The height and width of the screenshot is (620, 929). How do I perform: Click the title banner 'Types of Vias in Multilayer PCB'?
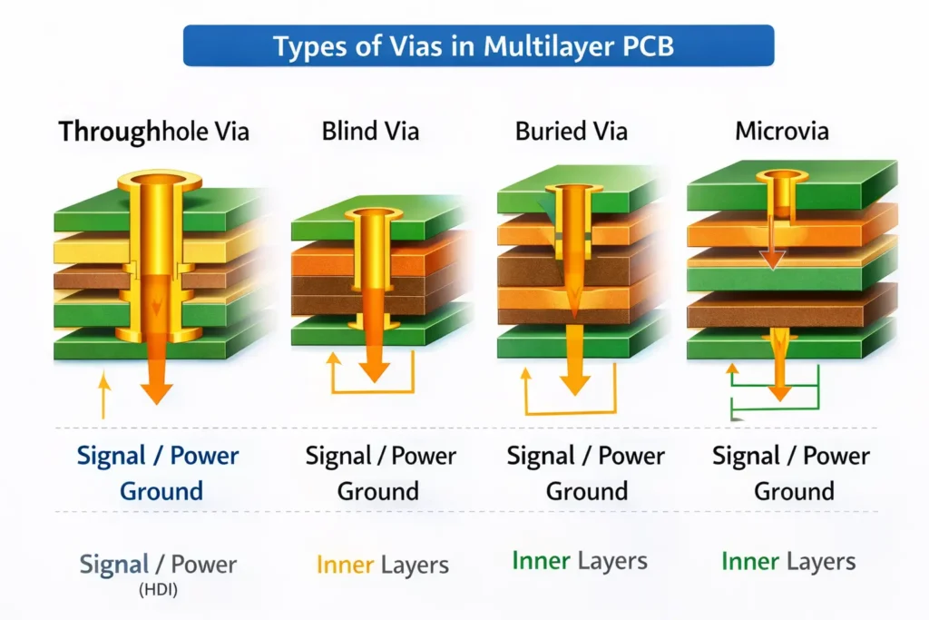click(479, 45)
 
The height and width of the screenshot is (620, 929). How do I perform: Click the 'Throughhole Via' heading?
click(153, 133)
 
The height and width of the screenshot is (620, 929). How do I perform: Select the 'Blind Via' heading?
click(370, 132)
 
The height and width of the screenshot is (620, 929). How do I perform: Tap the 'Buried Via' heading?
click(571, 132)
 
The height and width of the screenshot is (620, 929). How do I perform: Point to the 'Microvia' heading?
click(781, 132)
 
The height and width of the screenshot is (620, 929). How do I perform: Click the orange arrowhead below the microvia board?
click(779, 392)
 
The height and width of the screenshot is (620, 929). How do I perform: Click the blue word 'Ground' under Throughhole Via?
click(161, 492)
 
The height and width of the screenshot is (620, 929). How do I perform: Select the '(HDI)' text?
click(157, 591)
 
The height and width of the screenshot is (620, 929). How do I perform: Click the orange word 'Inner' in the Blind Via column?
click(344, 565)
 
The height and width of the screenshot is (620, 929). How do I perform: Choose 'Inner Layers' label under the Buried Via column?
click(579, 561)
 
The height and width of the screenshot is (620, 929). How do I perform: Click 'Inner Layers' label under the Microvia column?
click(787, 562)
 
